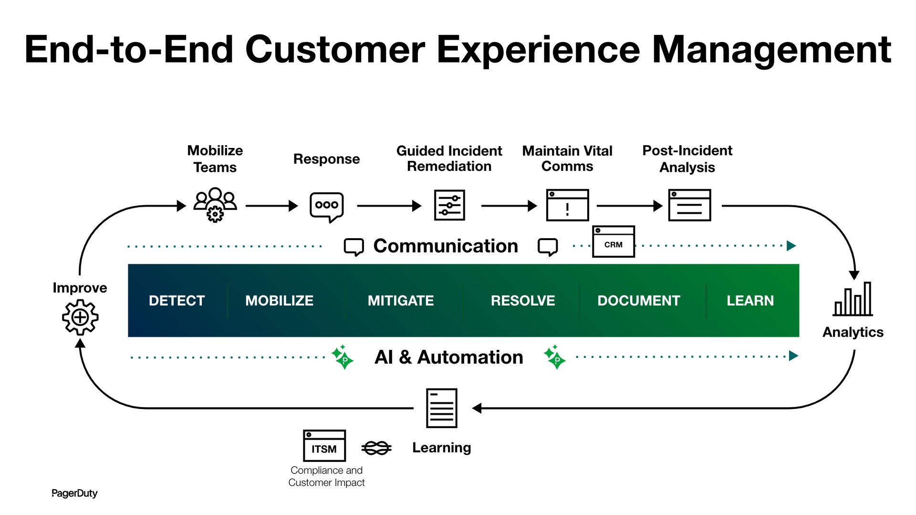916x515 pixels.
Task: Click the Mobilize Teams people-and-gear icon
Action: click(x=215, y=205)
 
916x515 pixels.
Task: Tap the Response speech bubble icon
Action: click(x=327, y=206)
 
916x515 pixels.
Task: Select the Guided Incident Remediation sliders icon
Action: click(x=449, y=205)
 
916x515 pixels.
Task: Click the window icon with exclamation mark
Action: click(x=567, y=205)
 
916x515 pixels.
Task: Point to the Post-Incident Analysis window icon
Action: click(x=689, y=205)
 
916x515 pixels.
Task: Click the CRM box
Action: click(x=614, y=242)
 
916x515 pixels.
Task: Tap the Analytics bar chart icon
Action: click(x=853, y=299)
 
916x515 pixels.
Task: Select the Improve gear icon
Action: click(x=80, y=317)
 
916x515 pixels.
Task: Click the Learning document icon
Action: click(x=441, y=408)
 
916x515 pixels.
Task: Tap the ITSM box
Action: click(x=324, y=446)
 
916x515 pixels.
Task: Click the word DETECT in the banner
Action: click(x=177, y=301)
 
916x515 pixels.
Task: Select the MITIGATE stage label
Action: click(x=401, y=301)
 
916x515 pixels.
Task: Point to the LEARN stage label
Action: click(x=750, y=301)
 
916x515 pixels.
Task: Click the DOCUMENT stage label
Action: click(x=639, y=301)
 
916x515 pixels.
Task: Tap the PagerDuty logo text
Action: click(x=74, y=493)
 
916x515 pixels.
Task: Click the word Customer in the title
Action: click(x=334, y=50)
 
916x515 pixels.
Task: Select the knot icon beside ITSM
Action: click(x=376, y=448)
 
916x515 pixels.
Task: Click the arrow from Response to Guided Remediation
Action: click(x=389, y=206)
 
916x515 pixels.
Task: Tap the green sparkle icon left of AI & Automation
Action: click(x=343, y=357)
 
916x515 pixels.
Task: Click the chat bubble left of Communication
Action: click(x=354, y=247)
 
